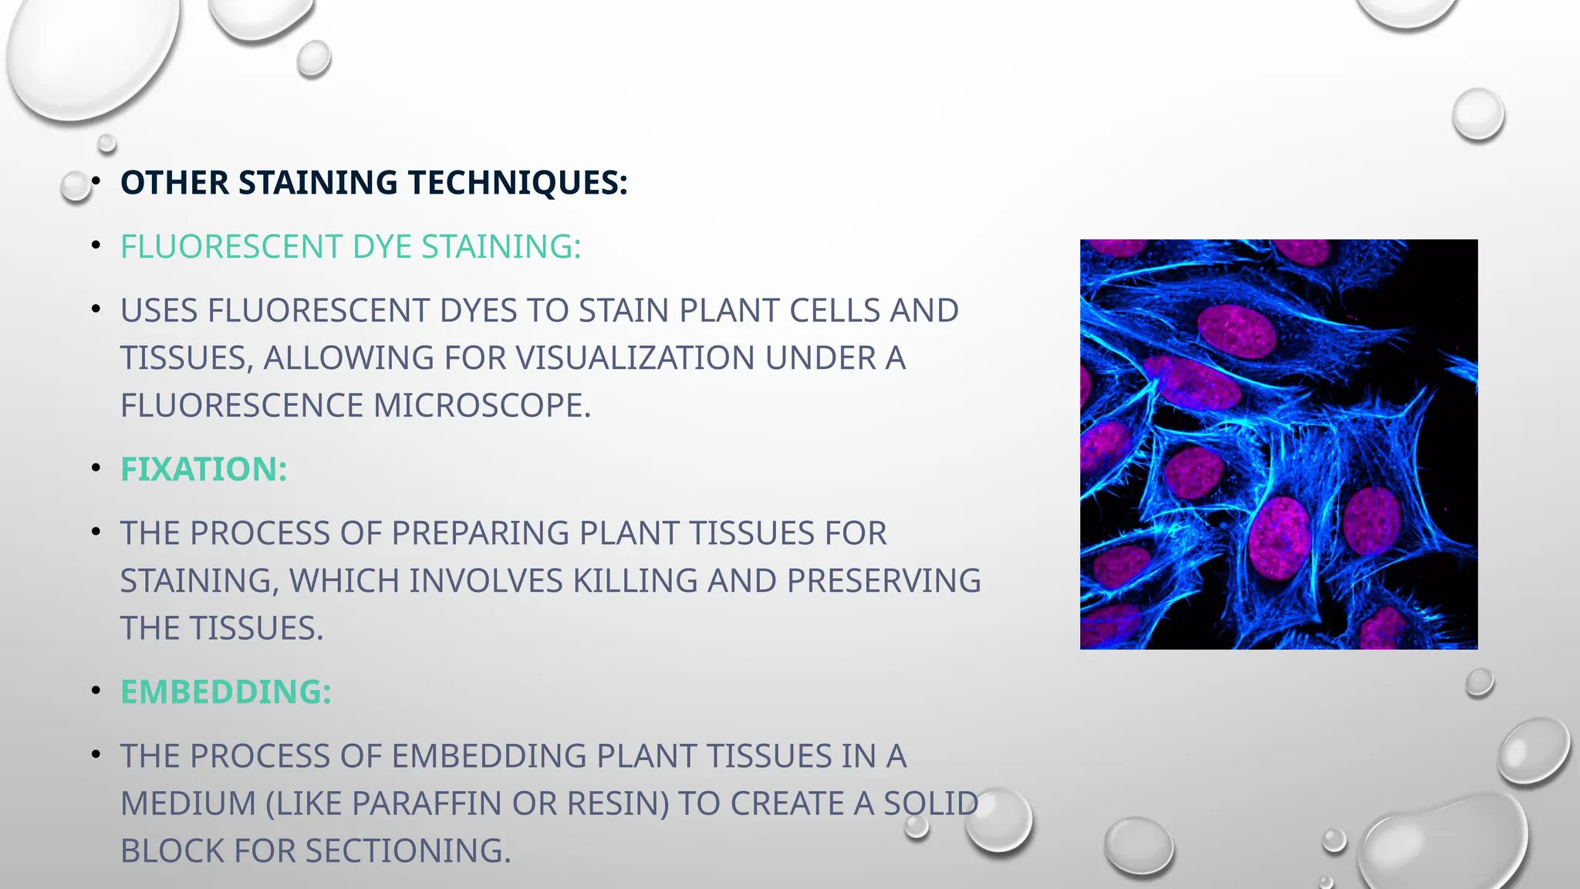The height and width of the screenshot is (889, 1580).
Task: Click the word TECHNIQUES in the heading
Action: pos(517,184)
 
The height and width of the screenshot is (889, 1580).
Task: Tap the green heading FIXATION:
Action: pos(204,469)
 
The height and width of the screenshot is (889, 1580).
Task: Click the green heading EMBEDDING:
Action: pos(225,692)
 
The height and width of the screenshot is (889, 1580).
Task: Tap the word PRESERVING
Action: pos(883,581)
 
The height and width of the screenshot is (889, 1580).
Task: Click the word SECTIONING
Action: pos(408,851)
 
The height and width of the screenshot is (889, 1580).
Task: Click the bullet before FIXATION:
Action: pos(96,468)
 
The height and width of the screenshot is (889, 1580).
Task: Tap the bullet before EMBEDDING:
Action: pos(96,691)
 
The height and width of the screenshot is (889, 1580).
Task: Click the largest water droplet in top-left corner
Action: pos(93,54)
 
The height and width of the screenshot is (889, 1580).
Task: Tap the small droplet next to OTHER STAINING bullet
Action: pos(76,186)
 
